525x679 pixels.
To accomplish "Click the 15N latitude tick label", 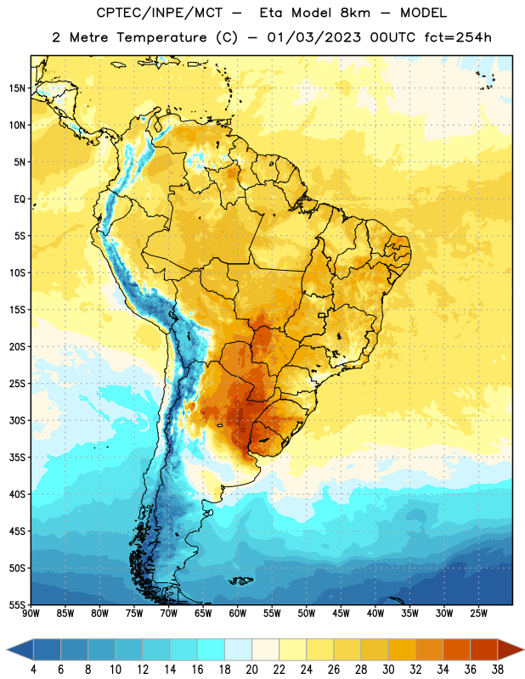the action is coord(17,88).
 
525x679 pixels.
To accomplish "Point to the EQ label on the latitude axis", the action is coord(20,199).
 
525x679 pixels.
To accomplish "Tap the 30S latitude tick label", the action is coord(17,421).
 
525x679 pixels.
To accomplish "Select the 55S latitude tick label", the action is coord(17,604).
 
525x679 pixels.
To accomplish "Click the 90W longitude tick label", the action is coord(31,614).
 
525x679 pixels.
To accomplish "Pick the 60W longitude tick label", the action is coord(238,614).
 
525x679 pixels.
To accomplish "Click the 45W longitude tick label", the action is coord(341,614).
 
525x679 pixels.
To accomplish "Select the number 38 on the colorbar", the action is coord(498,670).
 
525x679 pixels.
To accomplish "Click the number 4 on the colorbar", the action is coord(33,670).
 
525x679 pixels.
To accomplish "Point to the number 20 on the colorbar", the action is coord(251,670).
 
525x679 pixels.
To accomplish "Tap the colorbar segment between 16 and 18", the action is coord(212,649).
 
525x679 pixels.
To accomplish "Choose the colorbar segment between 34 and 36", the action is coord(457,649).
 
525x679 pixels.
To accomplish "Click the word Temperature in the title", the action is coord(161,37).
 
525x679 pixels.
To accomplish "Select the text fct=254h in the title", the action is coord(458,37).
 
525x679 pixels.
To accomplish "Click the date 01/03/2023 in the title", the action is coord(313,37).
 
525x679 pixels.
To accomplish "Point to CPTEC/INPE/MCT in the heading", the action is coord(159,13).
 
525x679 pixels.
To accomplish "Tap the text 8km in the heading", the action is coord(355,13).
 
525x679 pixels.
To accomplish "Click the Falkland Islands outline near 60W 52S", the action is coord(241,581).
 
